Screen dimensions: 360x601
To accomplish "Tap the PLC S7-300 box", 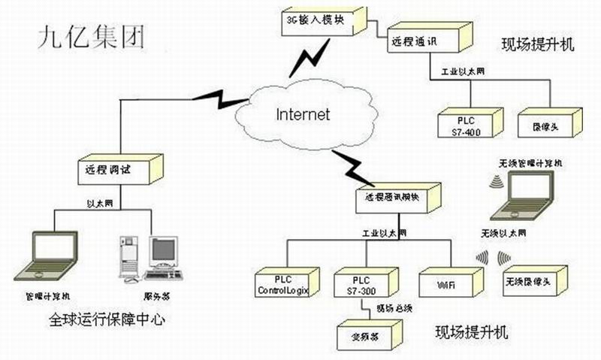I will click(x=359, y=284).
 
